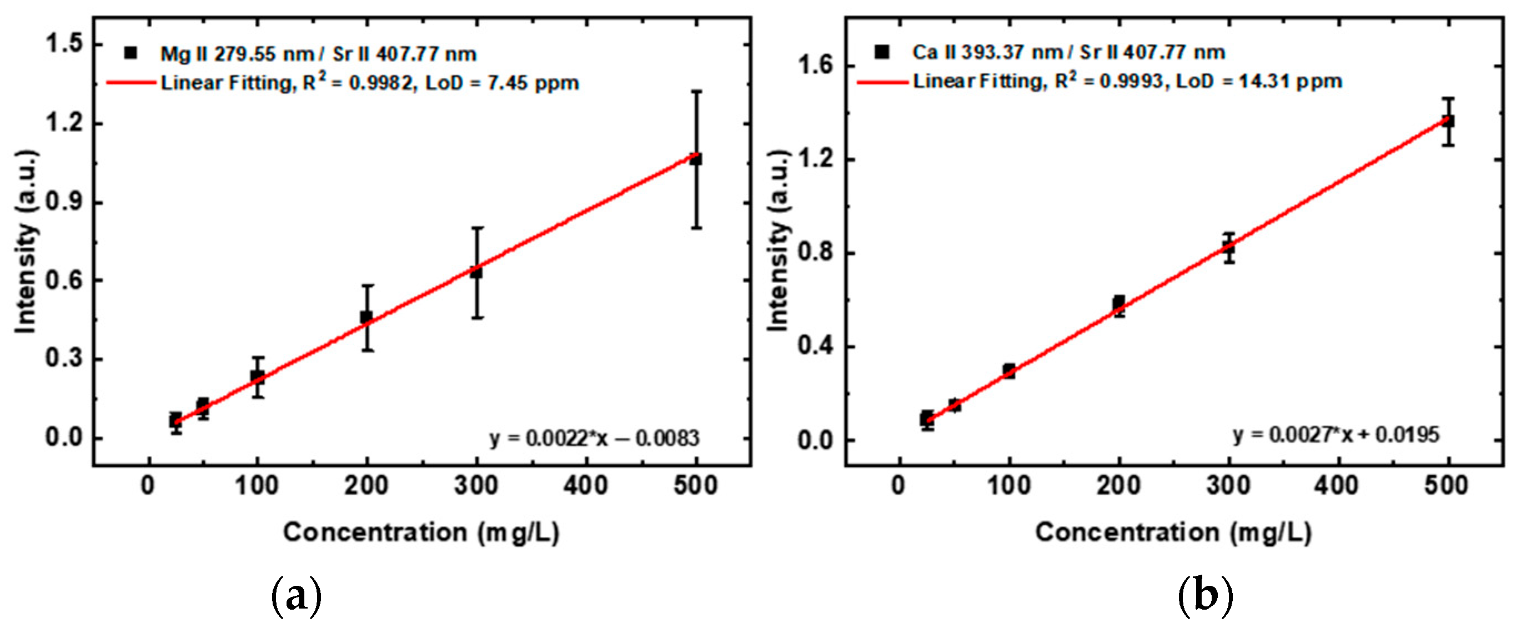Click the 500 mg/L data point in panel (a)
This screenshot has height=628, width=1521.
point(696,159)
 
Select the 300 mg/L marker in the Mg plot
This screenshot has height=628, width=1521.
point(476,273)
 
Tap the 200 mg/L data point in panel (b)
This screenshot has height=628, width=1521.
point(1119,303)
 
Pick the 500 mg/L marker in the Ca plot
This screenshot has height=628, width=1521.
point(1448,121)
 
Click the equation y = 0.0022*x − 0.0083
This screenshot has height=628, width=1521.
point(594,439)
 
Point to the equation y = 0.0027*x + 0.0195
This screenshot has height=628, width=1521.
point(1336,435)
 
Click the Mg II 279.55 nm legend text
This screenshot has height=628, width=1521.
point(236,54)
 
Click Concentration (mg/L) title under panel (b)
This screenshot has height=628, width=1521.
point(1173,532)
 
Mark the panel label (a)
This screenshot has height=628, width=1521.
point(296,597)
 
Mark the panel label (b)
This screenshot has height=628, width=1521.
point(1205,597)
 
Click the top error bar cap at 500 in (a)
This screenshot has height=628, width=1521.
point(697,92)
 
